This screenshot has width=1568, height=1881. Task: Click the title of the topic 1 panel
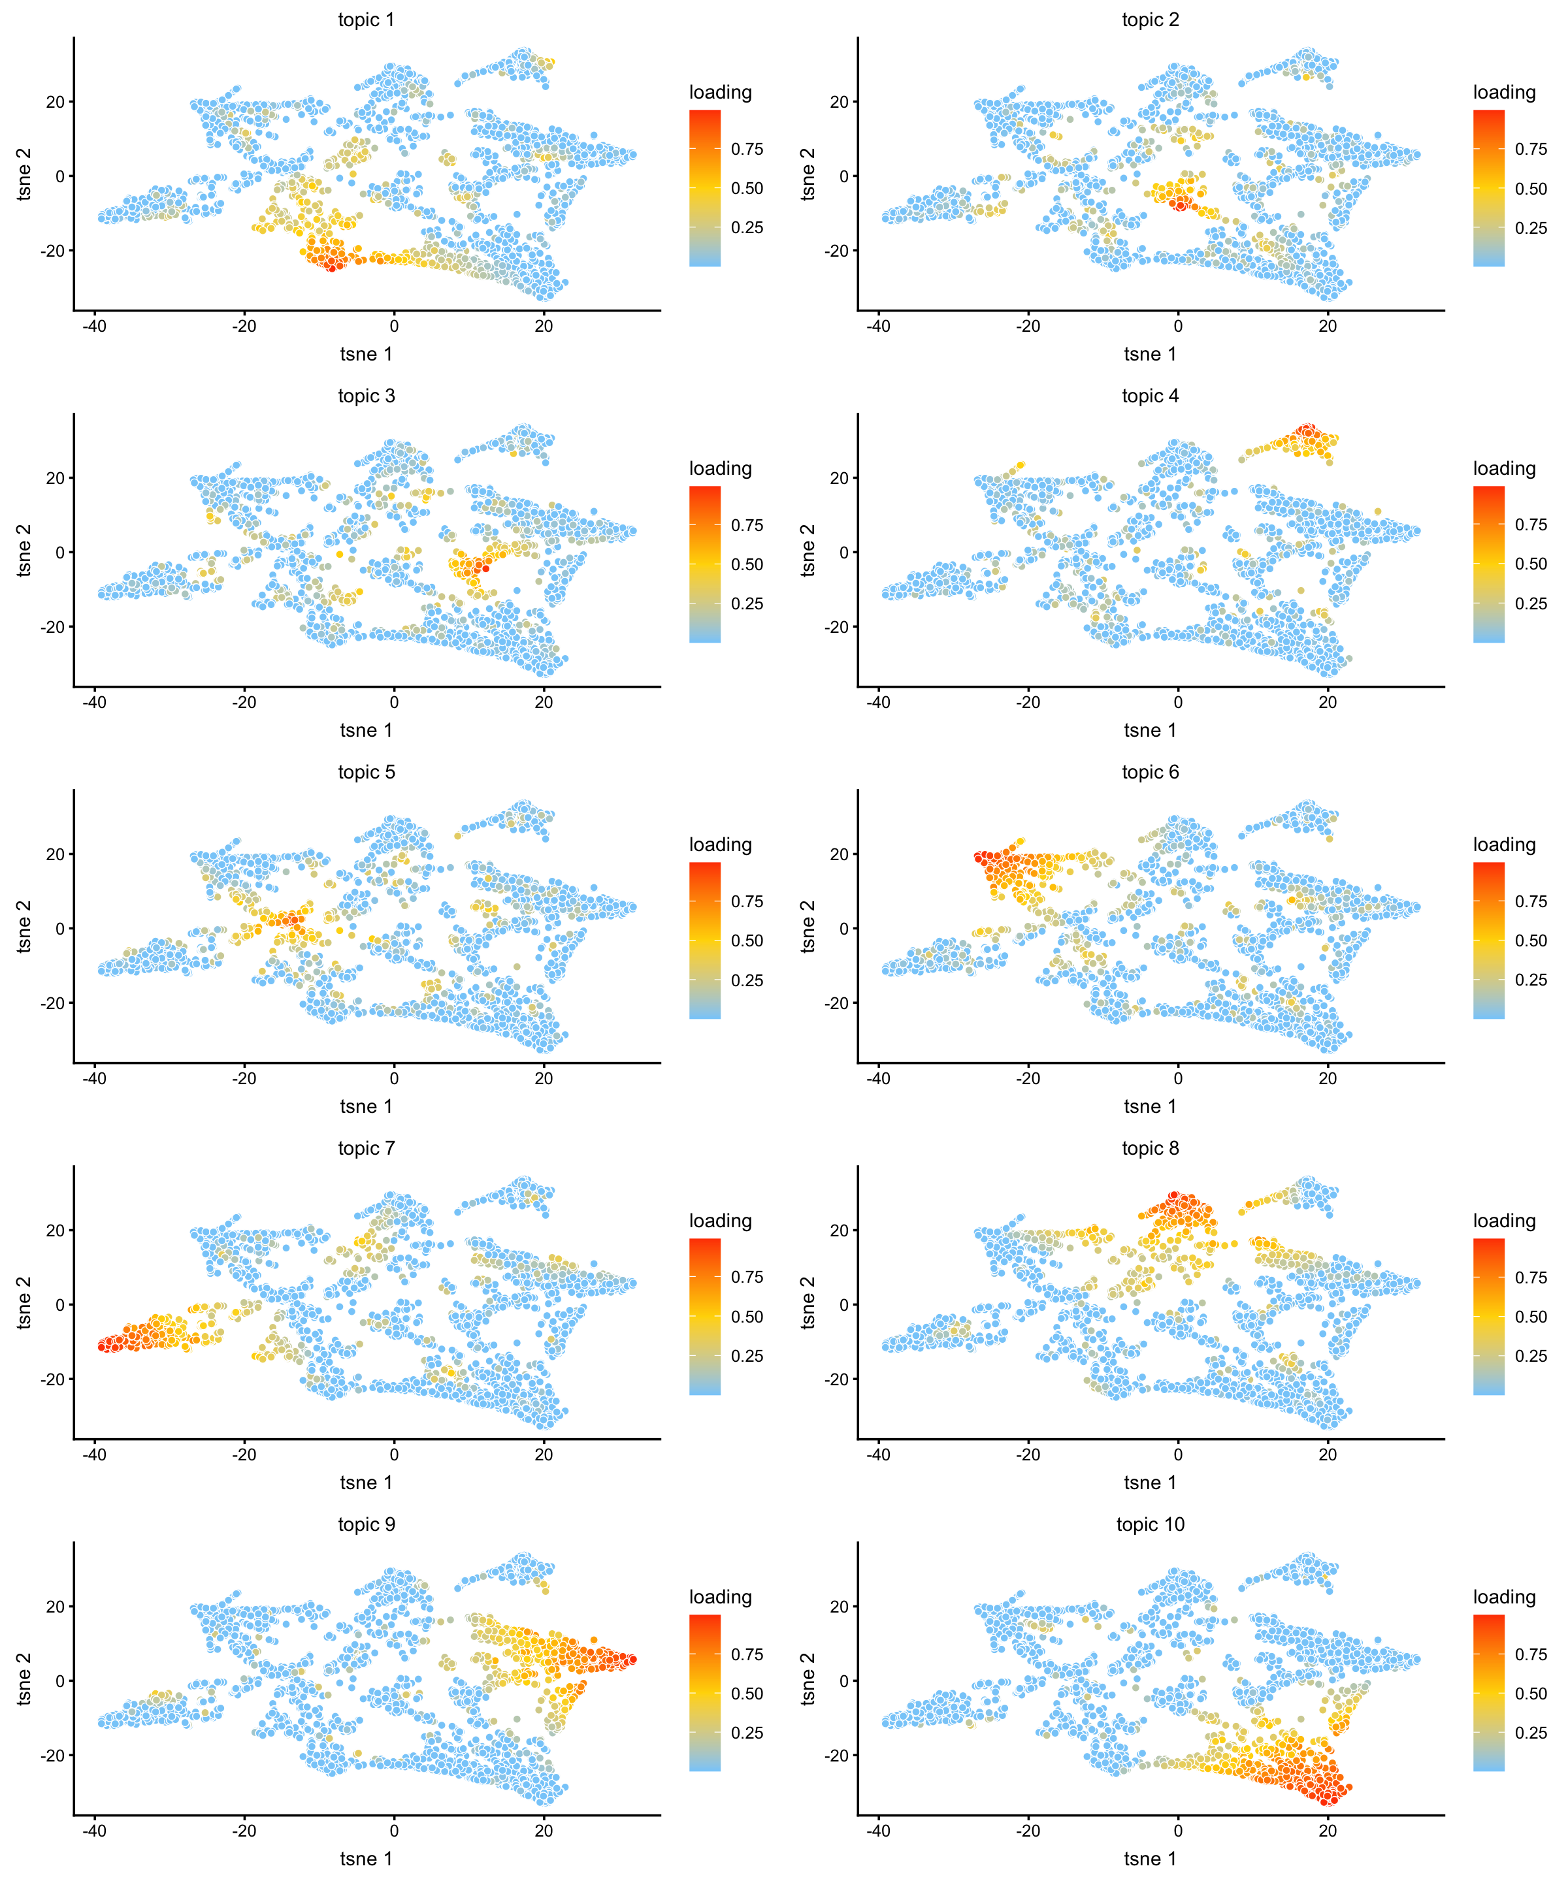click(x=366, y=20)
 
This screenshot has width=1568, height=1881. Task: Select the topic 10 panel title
click(x=1150, y=1524)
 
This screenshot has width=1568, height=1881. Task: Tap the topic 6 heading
click(x=1150, y=772)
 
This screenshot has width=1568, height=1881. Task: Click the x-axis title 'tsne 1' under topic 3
click(x=366, y=730)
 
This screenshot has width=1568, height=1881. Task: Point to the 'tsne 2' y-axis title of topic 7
click(x=24, y=1303)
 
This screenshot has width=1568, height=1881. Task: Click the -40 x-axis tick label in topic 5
click(x=94, y=1078)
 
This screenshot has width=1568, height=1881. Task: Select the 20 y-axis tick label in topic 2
click(x=839, y=102)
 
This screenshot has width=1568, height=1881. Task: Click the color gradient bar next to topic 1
click(x=704, y=188)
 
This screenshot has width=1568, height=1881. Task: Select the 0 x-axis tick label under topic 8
click(x=1177, y=1455)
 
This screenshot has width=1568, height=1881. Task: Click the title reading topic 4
click(x=1150, y=396)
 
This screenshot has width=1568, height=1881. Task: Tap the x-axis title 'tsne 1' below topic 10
click(x=1150, y=1859)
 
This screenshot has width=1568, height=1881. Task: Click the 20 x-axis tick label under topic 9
click(x=544, y=1831)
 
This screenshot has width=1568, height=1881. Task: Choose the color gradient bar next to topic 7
click(x=704, y=1317)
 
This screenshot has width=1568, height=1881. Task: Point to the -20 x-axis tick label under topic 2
click(x=1028, y=326)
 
